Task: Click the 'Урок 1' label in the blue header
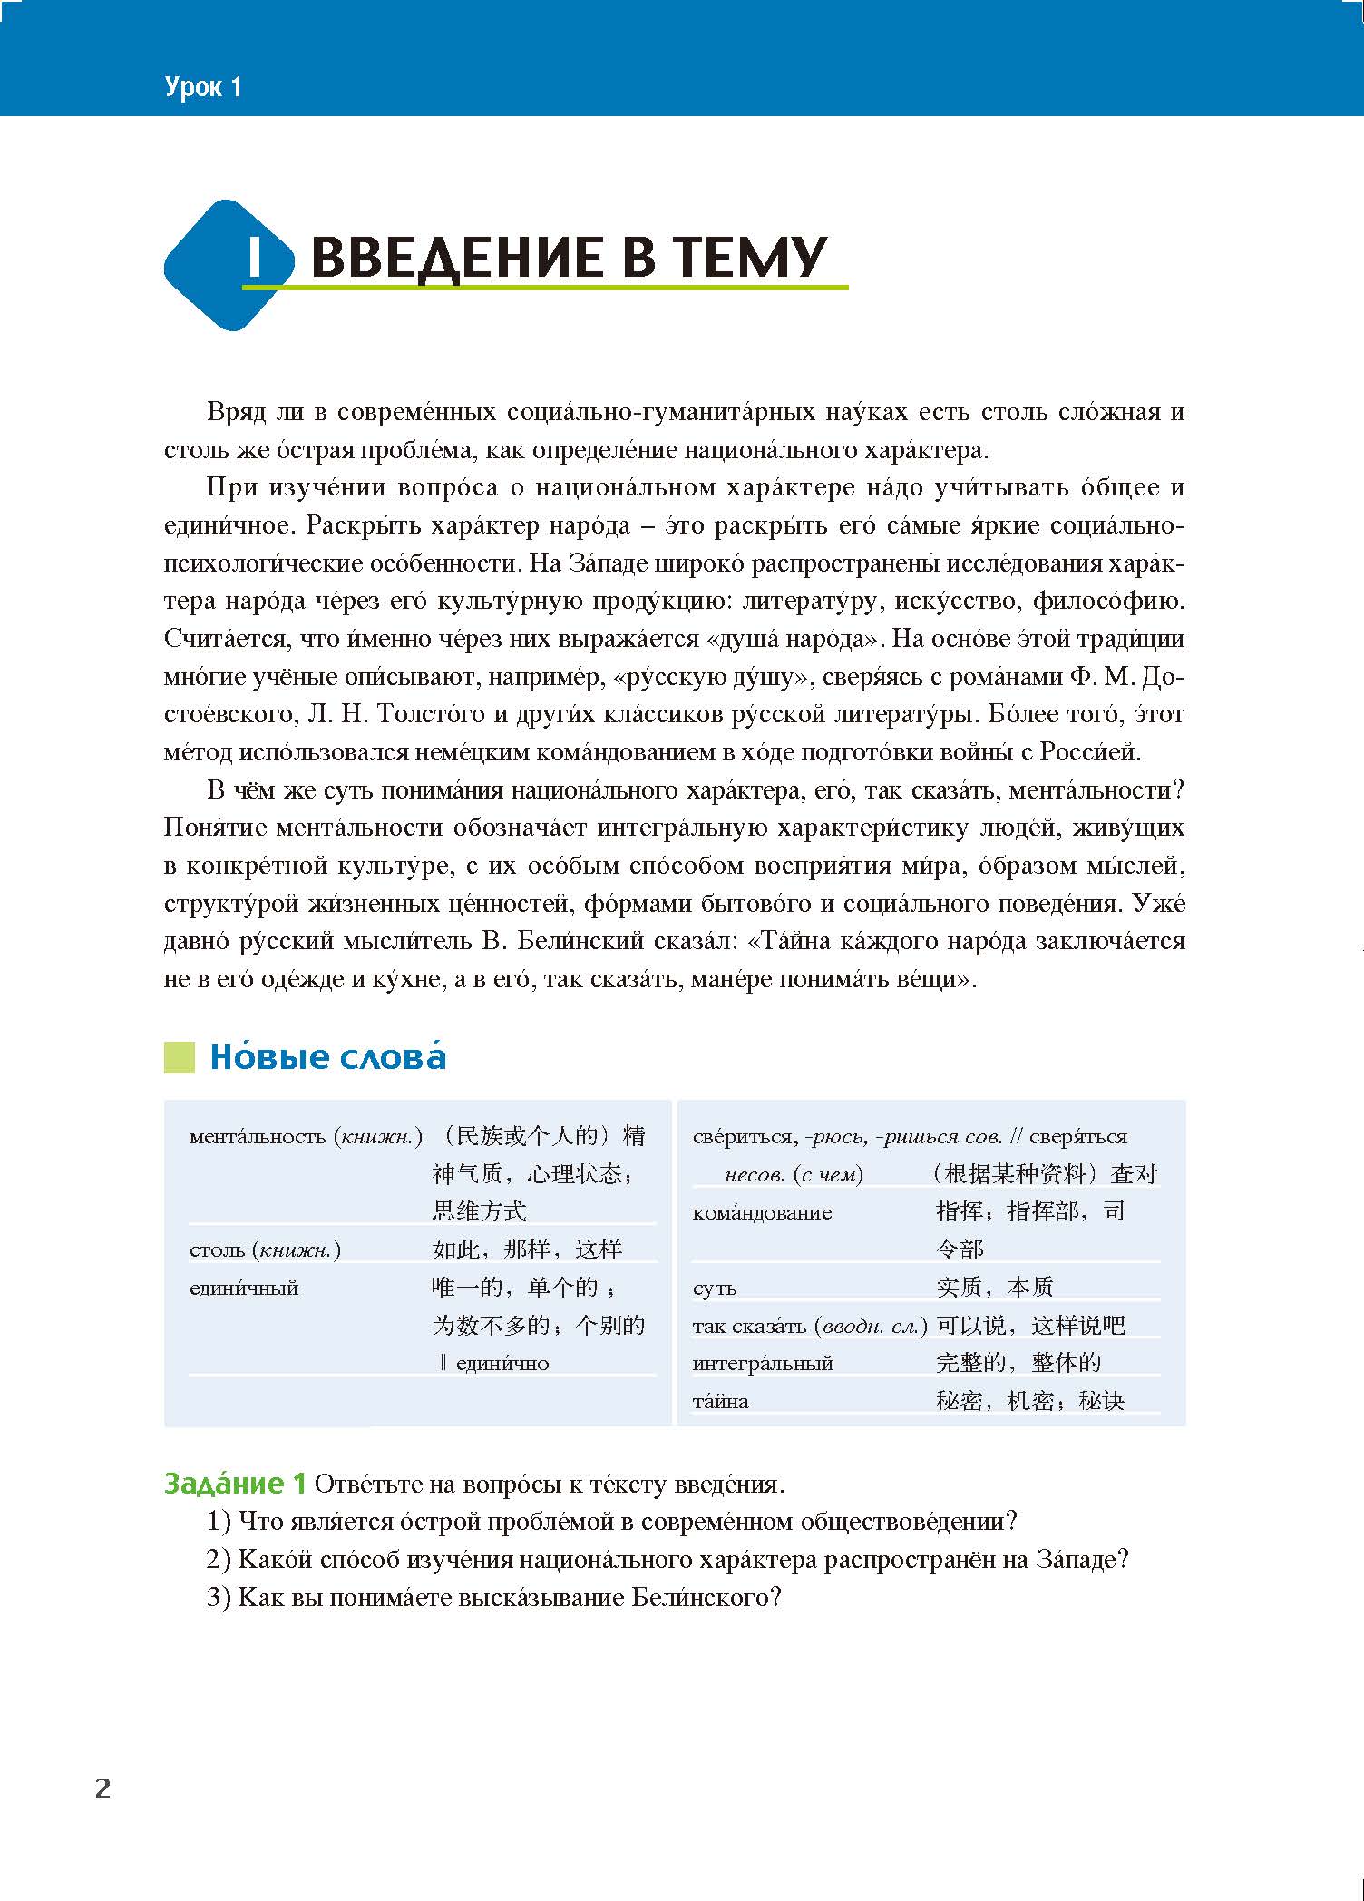pyautogui.click(x=204, y=88)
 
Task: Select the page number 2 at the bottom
pyautogui.click(x=102, y=1788)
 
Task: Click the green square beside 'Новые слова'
pyautogui.click(x=180, y=1058)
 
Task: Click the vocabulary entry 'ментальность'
pyautogui.click(x=258, y=1137)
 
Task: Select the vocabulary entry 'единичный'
pyautogui.click(x=244, y=1289)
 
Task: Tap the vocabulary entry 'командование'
pyautogui.click(x=762, y=1213)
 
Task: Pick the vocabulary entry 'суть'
pyautogui.click(x=715, y=1289)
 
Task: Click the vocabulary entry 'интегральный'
pyautogui.click(x=763, y=1363)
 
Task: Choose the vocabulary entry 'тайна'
pyautogui.click(x=721, y=1402)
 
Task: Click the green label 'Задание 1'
pyautogui.click(x=235, y=1484)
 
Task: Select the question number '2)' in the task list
pyautogui.click(x=219, y=1560)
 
